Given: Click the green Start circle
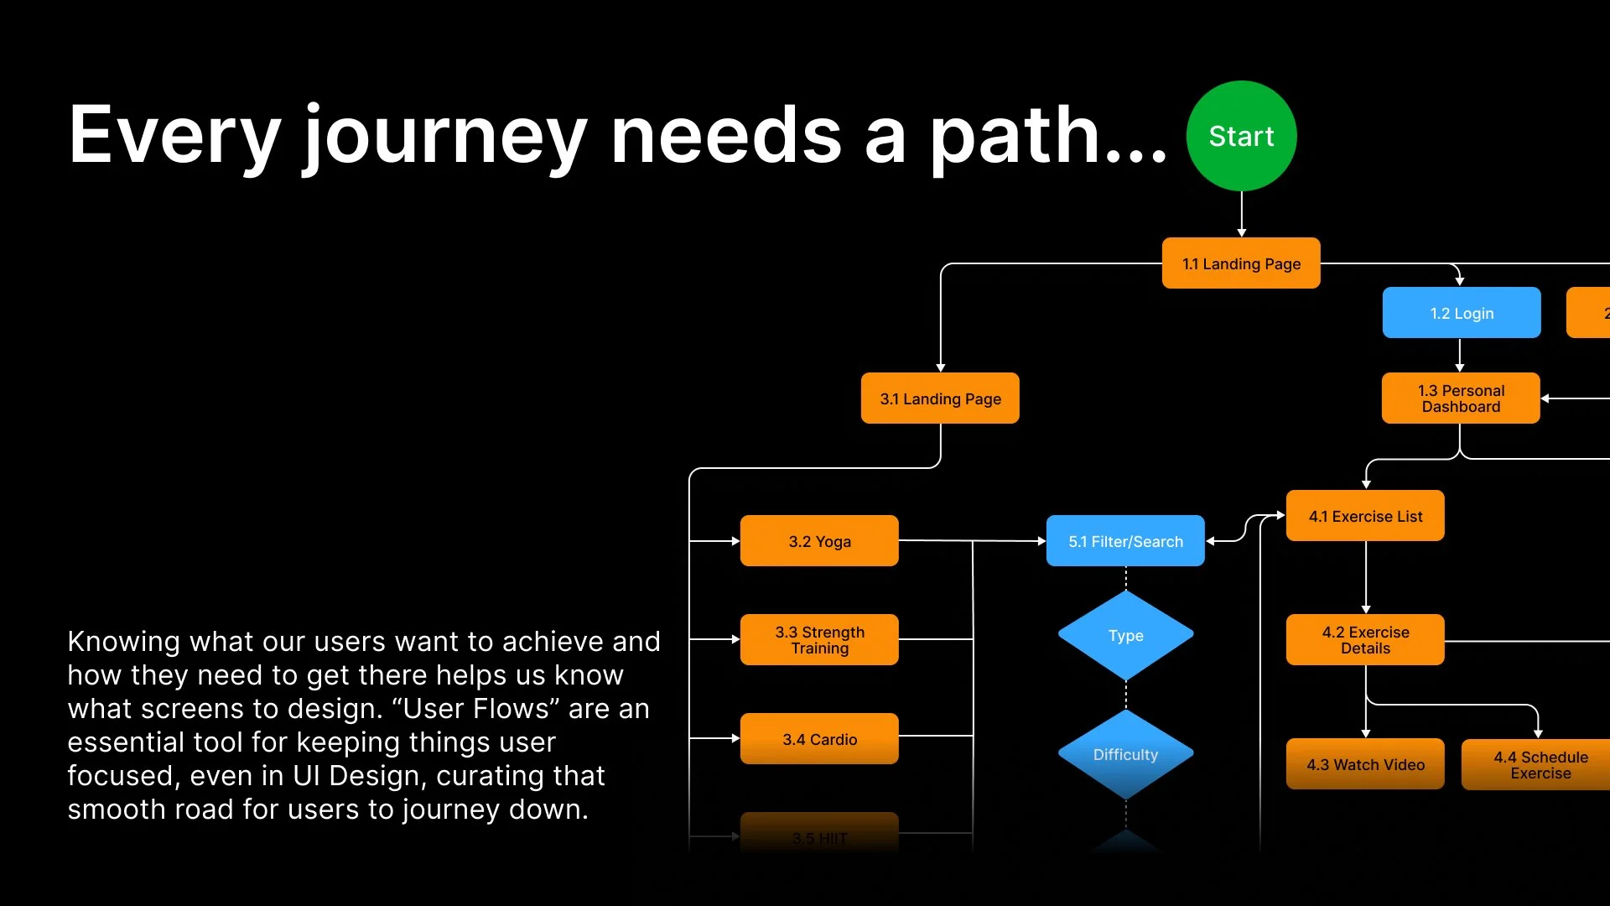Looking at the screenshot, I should pyautogui.click(x=1241, y=136).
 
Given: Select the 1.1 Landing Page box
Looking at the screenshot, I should pyautogui.click(x=1241, y=263).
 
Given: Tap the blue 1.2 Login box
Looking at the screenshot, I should pyautogui.click(x=1462, y=313).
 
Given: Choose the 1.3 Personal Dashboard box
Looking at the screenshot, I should pyautogui.click(x=1461, y=398).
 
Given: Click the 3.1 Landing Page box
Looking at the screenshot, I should pyautogui.click(x=940, y=398).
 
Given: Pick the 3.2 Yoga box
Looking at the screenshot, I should pyautogui.click(x=819, y=541).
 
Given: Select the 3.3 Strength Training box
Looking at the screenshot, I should pyautogui.click(x=819, y=640).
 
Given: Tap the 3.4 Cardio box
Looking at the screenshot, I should pyautogui.click(x=819, y=739).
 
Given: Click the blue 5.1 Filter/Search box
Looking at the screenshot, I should pyautogui.click(x=1125, y=541).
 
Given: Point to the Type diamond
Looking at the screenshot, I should pyautogui.click(x=1125, y=636).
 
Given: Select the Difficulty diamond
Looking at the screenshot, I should pyautogui.click(x=1125, y=755).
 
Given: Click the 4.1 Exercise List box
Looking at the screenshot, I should pyautogui.click(x=1365, y=516).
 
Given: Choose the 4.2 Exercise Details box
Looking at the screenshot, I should pyautogui.click(x=1365, y=640).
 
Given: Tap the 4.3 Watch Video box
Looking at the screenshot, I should pyautogui.click(x=1365, y=764).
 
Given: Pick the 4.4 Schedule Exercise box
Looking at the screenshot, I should pyautogui.click(x=1540, y=764).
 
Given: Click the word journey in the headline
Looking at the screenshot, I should pyautogui.click(x=444, y=136).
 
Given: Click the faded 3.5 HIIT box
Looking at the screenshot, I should pyautogui.click(x=819, y=836).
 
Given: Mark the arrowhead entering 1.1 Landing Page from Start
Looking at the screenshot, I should pyautogui.click(x=1242, y=232).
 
